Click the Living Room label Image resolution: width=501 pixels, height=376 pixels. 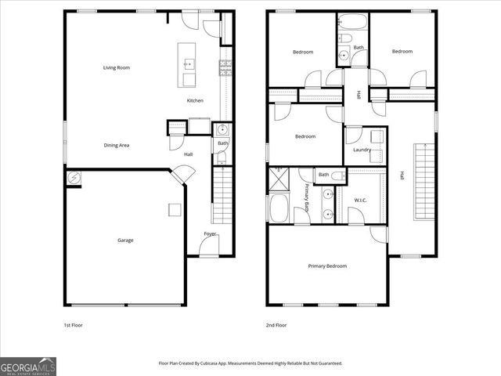click(x=116, y=68)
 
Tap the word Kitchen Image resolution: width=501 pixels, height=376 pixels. click(x=195, y=100)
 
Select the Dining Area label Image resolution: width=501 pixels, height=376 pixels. click(x=117, y=145)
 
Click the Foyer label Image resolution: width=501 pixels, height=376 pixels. click(x=211, y=234)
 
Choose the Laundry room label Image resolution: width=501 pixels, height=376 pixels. click(x=362, y=150)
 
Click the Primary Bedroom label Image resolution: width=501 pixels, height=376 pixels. click(x=327, y=266)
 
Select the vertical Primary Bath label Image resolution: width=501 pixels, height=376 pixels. click(x=308, y=207)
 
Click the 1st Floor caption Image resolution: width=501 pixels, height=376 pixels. click(x=74, y=324)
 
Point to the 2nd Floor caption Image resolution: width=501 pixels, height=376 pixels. click(x=276, y=324)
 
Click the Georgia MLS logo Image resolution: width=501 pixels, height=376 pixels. click(x=28, y=366)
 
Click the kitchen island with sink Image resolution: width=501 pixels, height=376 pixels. click(x=187, y=65)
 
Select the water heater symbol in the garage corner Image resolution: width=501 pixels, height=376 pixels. click(x=74, y=179)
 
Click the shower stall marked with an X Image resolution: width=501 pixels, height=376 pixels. click(x=278, y=179)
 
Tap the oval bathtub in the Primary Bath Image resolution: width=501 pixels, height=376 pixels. click(x=279, y=208)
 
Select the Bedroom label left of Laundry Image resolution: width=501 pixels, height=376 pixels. click(x=305, y=136)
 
